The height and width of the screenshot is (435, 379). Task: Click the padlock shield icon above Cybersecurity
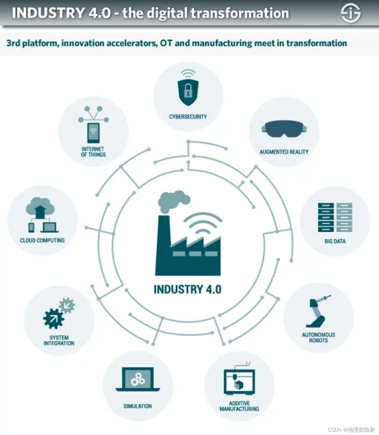coord(188,92)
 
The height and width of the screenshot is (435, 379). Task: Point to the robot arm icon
coord(318,312)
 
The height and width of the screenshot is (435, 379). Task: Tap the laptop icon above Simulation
coord(138,379)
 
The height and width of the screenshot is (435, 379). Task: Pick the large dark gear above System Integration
coord(53,319)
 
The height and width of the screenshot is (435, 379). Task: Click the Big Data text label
coord(335,241)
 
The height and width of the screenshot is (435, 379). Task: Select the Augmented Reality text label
coord(284,152)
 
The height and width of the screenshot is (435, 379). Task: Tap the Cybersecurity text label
coord(188,117)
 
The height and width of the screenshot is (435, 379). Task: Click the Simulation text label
coord(138,406)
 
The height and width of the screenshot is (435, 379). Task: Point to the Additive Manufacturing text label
coord(239,406)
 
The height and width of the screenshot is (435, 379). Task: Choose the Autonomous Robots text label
coord(318,337)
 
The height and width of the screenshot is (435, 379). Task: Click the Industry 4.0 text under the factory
coord(188,289)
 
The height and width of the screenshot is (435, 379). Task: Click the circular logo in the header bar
coord(351,13)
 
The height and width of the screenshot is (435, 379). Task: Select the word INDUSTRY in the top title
coord(48,13)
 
